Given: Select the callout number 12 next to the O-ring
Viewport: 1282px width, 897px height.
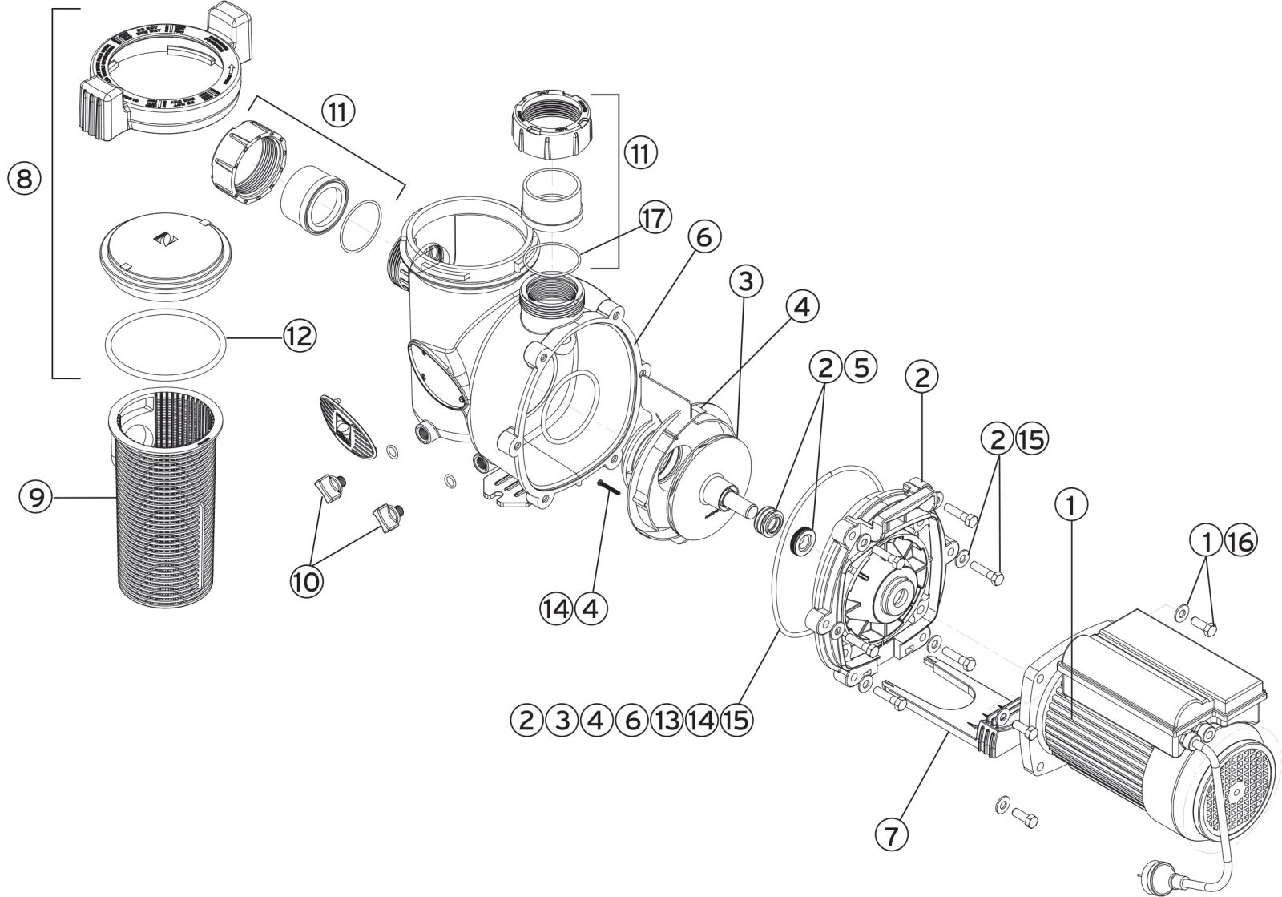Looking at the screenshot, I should point(298,336).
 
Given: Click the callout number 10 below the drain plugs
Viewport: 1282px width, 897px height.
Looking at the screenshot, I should point(307,581).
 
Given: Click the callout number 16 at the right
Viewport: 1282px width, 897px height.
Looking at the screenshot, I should point(1238,543).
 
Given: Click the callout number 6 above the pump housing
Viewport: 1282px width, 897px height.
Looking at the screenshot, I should point(702,239).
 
